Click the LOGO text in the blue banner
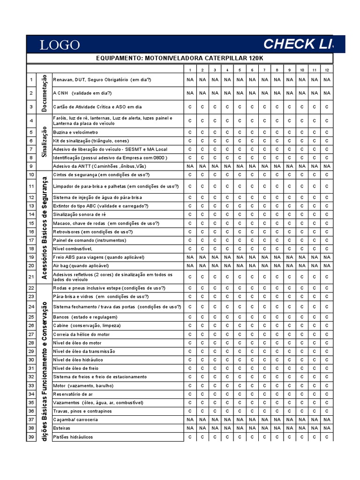click(x=60, y=45)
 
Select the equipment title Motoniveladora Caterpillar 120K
click(x=180, y=58)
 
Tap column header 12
click(x=327, y=70)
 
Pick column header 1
click(x=190, y=70)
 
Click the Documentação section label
click(x=45, y=92)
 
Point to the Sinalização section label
click(x=45, y=140)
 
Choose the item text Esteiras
click(x=62, y=428)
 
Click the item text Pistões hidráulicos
click(x=73, y=437)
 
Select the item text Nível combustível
click(x=73, y=248)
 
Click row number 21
click(x=31, y=277)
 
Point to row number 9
click(x=31, y=166)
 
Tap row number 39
click(x=31, y=437)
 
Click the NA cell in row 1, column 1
click(x=190, y=80)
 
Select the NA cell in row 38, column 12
click(x=327, y=428)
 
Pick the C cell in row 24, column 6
click(x=252, y=307)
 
